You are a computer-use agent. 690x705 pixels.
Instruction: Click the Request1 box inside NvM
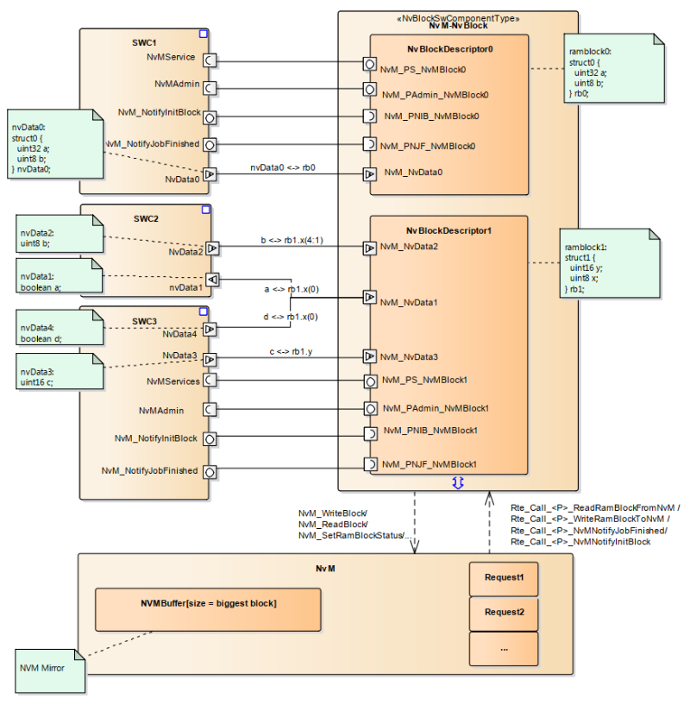pyautogui.click(x=504, y=579)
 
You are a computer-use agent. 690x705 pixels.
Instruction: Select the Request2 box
pyautogui.click(x=504, y=613)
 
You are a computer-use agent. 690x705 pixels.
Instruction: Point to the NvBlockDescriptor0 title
pyautogui.click(x=449, y=49)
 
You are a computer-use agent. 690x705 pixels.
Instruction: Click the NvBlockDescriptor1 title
pyautogui.click(x=449, y=230)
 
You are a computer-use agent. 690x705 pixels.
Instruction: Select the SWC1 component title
pyautogui.click(x=144, y=42)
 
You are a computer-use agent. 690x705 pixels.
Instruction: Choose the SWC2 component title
pyautogui.click(x=144, y=218)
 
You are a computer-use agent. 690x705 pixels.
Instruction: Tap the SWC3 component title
pyautogui.click(x=144, y=321)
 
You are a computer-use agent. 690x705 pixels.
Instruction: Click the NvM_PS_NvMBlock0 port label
pyautogui.click(x=423, y=69)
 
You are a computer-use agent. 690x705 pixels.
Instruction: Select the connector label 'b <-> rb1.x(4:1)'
pyautogui.click(x=294, y=240)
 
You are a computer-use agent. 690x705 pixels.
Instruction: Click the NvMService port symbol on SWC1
pyautogui.click(x=209, y=60)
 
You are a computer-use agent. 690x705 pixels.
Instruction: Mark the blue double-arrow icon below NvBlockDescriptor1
pyautogui.click(x=458, y=483)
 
